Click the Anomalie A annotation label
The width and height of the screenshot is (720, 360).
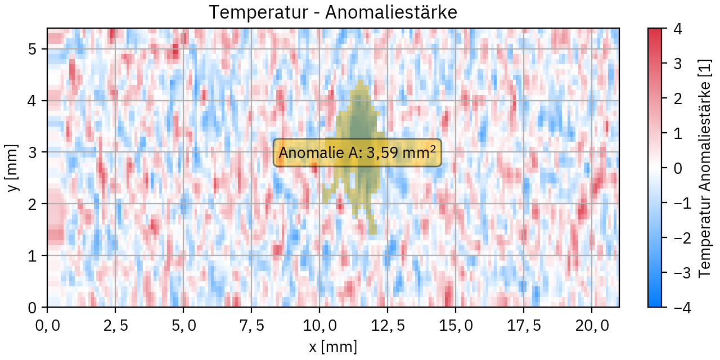357,153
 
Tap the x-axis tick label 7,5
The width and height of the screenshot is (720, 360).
251,326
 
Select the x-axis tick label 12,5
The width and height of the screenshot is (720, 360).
388,326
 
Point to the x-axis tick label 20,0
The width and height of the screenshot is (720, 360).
592,326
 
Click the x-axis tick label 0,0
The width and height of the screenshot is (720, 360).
47,326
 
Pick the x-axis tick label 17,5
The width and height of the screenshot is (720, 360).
524,326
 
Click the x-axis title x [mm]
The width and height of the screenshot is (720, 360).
333,346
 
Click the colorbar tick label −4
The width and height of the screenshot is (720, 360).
673,307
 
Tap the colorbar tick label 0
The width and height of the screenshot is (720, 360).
678,168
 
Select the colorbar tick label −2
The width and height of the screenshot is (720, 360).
673,237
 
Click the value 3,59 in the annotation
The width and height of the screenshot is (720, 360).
384,153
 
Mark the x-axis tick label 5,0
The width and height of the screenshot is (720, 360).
183,326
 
